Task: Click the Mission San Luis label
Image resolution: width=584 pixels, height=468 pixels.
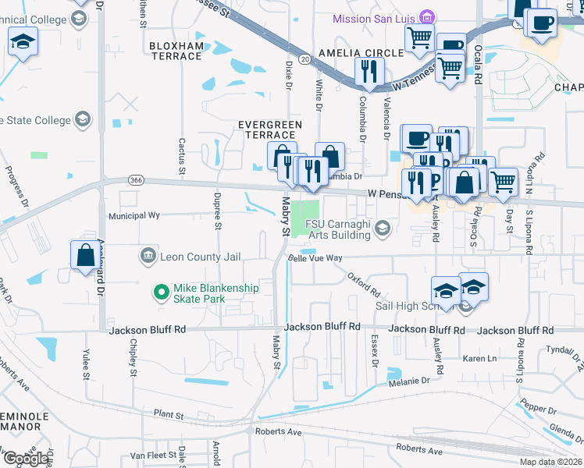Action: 374,18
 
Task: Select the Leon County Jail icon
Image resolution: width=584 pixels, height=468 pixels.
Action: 147,256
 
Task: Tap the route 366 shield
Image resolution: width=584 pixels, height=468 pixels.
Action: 136,180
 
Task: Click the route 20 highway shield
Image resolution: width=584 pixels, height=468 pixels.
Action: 304,58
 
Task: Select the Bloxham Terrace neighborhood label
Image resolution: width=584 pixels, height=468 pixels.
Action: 176,51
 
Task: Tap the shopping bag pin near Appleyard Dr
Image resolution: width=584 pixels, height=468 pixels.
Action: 84,255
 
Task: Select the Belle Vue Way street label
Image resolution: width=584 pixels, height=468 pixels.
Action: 315,257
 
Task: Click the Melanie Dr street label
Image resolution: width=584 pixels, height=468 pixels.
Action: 409,381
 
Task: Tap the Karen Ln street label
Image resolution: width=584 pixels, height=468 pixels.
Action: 479,359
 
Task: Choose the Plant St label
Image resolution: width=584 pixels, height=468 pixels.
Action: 168,413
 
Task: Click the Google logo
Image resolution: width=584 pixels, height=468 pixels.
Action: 27,459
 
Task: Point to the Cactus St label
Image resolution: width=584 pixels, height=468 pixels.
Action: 181,156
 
